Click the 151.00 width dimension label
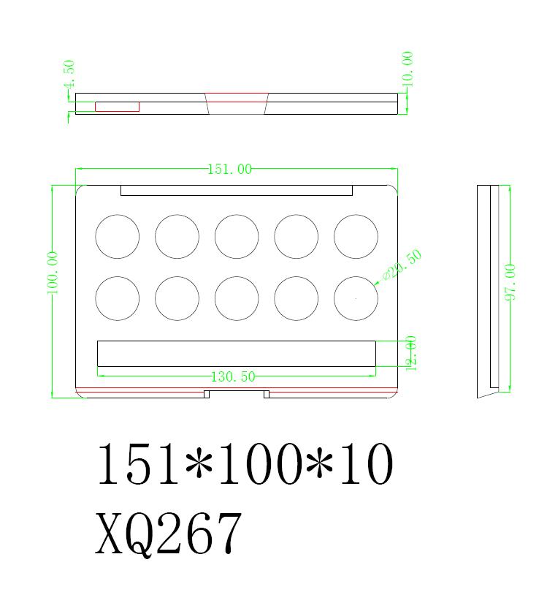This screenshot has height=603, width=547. pos(230,169)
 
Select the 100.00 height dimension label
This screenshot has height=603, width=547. pos(53,273)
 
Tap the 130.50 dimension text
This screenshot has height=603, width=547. pos(233,376)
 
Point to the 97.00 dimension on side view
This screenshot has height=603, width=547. pos(510,282)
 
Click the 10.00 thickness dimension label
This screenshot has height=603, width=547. pos(408,69)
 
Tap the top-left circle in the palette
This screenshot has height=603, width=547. pos(117,237)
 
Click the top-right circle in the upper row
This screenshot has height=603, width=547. pos(356,237)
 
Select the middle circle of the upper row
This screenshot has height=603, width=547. pos(237,237)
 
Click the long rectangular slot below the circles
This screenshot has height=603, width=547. pos(236,354)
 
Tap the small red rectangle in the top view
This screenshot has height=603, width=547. pos(117,107)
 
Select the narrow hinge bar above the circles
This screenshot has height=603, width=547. pos(236,191)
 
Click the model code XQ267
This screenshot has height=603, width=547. pos(168,534)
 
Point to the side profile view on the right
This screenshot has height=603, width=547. pos(489,289)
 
